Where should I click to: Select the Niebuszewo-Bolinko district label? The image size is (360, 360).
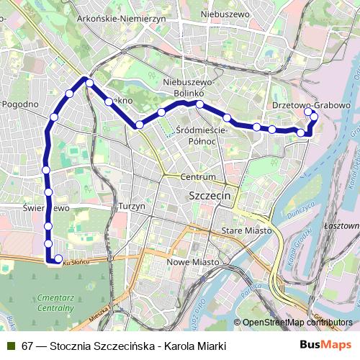tap(195, 87)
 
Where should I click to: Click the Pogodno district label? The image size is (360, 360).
tap(20, 104)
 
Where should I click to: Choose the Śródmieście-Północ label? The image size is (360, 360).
tap(202, 135)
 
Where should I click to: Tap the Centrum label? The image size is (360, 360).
tap(198, 176)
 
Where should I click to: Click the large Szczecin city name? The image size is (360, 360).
tap(208, 195)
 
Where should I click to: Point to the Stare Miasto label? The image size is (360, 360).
tap(247, 230)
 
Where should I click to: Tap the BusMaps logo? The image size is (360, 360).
tap(325, 346)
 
